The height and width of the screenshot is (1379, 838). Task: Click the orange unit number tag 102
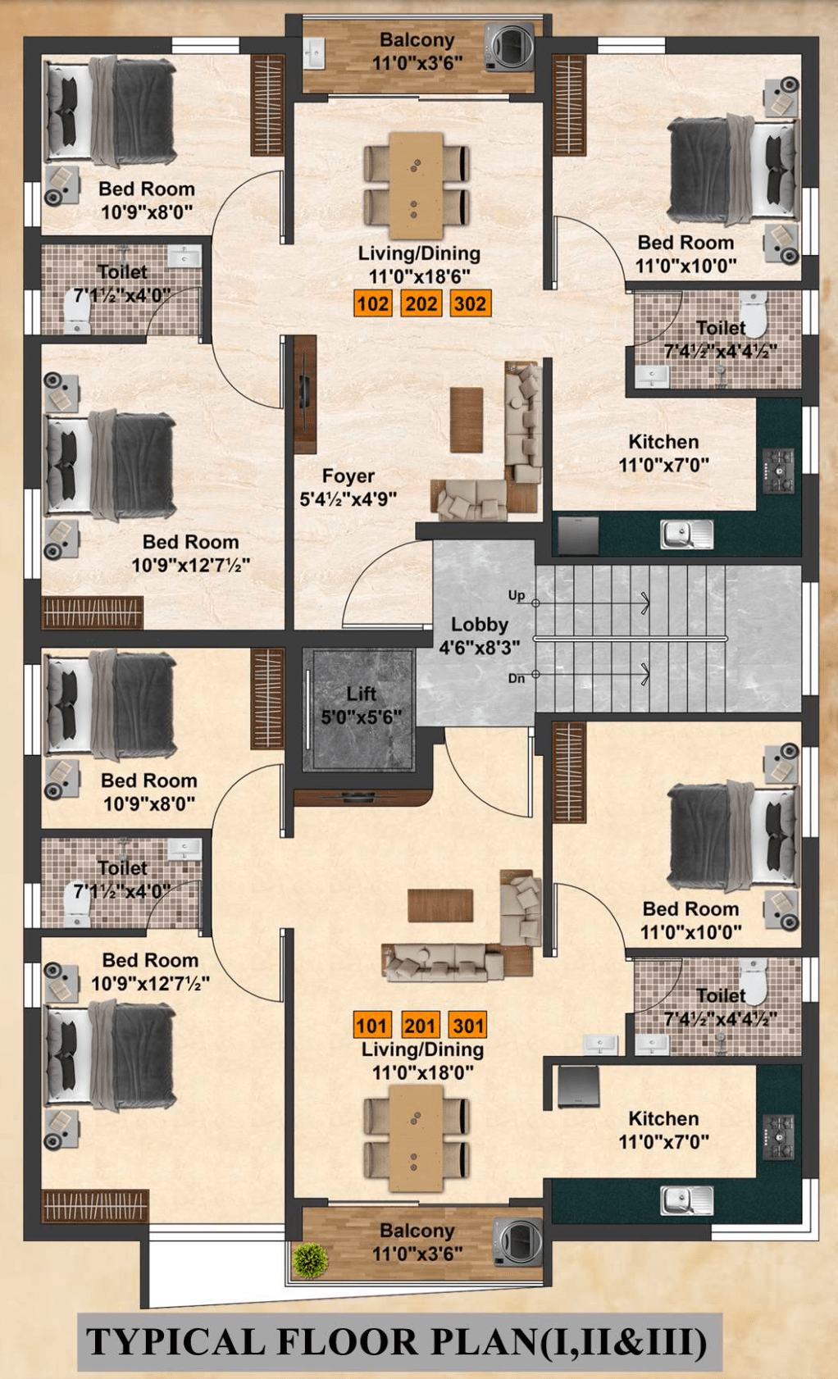click(x=372, y=304)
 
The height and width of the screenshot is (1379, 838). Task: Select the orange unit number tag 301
click(x=468, y=1026)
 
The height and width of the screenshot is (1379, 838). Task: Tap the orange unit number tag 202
click(x=421, y=304)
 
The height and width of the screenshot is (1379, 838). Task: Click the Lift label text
click(x=361, y=694)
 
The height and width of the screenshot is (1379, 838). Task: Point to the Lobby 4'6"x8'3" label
click(x=480, y=635)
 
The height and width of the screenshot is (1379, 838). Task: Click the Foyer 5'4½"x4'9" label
click(x=348, y=487)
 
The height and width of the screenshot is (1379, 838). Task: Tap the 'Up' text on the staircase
click(x=516, y=595)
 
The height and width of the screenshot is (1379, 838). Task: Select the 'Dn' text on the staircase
click(x=516, y=678)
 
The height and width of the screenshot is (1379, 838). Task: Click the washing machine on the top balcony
click(x=509, y=48)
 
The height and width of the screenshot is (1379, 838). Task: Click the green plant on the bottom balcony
click(x=311, y=1260)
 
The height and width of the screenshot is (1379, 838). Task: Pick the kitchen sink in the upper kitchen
click(x=686, y=535)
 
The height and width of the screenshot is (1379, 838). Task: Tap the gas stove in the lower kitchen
click(x=778, y=1137)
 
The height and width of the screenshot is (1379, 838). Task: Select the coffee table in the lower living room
click(x=440, y=905)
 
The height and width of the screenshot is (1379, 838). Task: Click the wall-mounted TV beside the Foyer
click(x=304, y=394)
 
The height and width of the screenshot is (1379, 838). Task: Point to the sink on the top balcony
click(x=315, y=56)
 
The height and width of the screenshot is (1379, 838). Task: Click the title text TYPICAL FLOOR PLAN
click(x=398, y=1342)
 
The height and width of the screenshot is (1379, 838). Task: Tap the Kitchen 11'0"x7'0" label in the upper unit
click(x=663, y=453)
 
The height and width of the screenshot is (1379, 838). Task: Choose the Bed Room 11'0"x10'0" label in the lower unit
click(x=690, y=920)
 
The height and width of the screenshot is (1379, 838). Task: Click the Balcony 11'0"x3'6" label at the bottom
click(x=417, y=1241)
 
